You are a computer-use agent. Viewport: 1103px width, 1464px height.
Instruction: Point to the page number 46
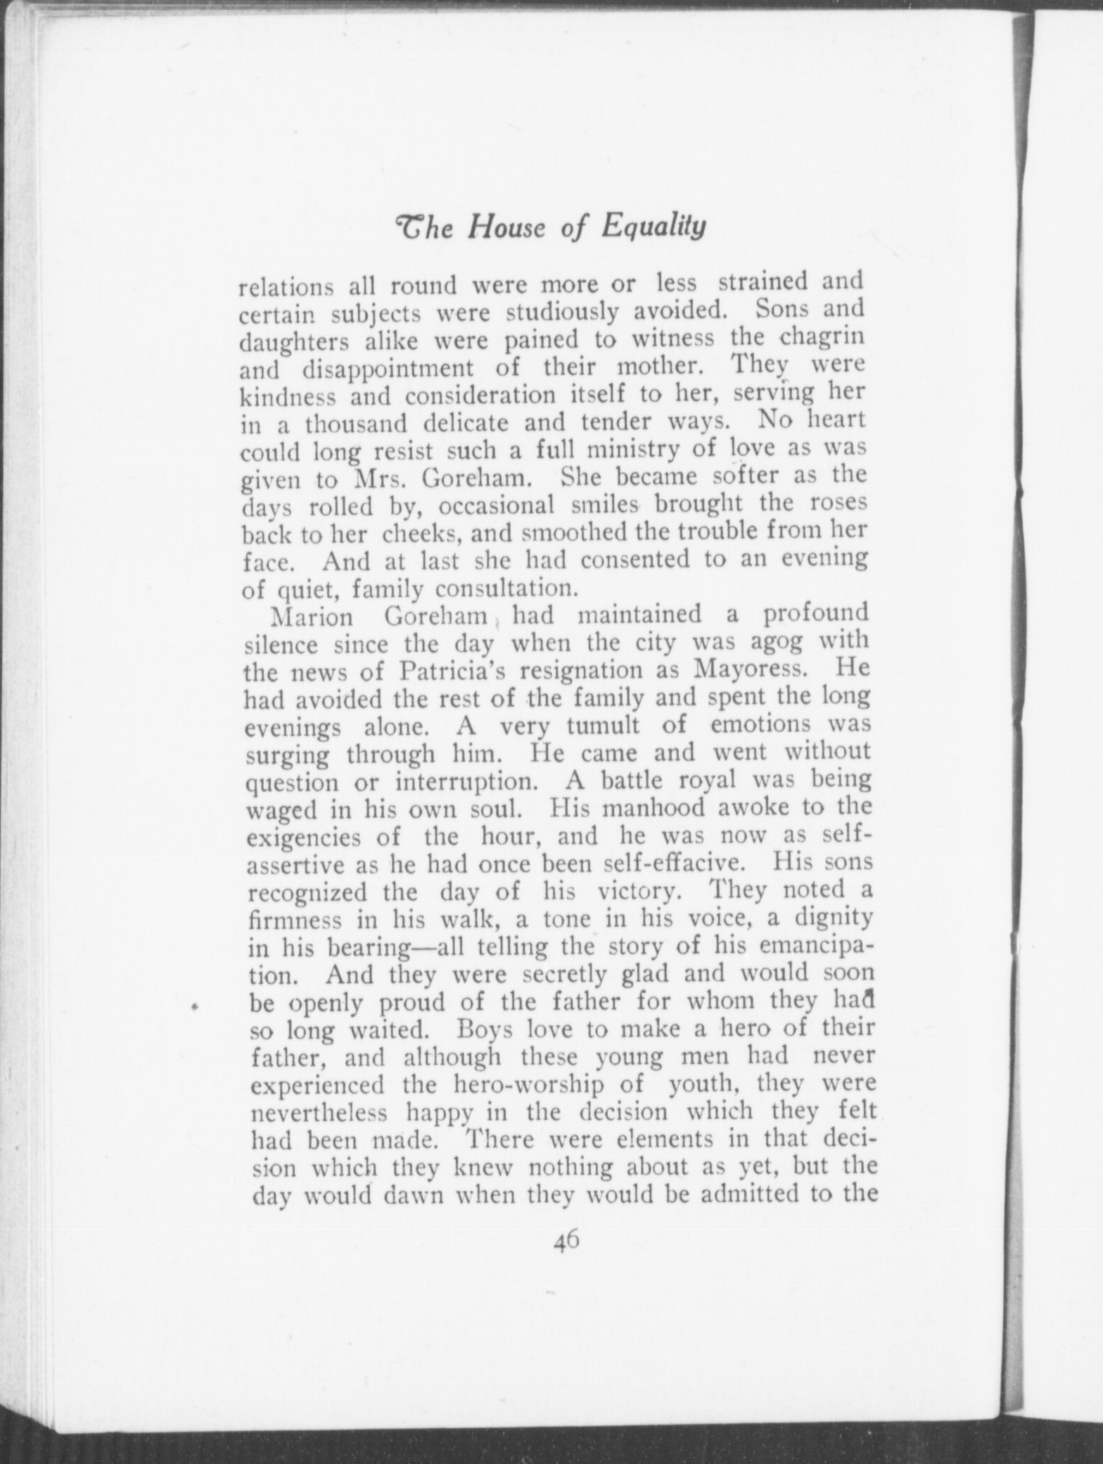click(565, 1237)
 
